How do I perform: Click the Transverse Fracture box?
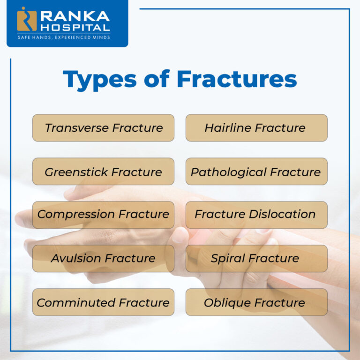(103, 128)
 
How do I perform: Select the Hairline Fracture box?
(256, 128)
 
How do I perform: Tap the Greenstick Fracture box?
(103, 172)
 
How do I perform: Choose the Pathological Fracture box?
(256, 172)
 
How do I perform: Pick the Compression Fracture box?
(103, 215)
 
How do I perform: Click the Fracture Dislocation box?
(256, 215)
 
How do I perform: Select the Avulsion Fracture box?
(103, 258)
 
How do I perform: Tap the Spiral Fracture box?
(256, 258)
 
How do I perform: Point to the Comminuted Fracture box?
(103, 302)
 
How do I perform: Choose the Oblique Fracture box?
(256, 302)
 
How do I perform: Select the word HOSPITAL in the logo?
(75, 28)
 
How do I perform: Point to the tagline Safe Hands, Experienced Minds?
(64, 37)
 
